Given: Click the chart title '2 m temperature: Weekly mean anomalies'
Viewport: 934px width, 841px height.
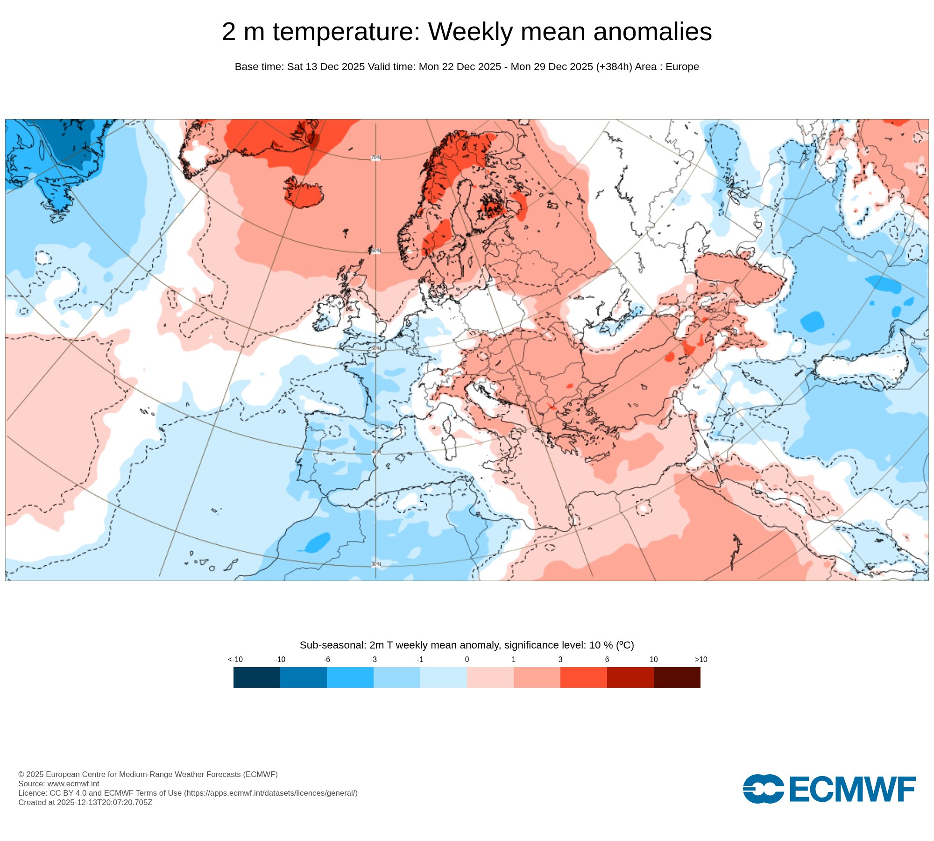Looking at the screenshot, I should (x=467, y=32).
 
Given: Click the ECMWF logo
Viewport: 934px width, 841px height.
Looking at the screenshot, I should (x=829, y=789).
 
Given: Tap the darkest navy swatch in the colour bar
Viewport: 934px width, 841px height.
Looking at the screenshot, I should (x=256, y=677).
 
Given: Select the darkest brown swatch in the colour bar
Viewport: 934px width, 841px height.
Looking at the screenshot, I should (x=677, y=677).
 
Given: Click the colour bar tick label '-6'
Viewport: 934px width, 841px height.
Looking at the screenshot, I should (x=327, y=659).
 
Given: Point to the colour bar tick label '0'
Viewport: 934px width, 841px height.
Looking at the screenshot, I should (x=467, y=659).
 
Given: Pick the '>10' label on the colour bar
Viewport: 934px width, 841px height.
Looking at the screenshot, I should (x=700, y=659).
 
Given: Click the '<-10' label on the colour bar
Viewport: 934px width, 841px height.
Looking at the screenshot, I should (x=235, y=659).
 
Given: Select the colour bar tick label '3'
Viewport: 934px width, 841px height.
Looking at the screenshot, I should (x=560, y=659).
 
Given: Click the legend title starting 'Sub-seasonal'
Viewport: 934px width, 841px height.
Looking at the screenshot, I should (x=467, y=645).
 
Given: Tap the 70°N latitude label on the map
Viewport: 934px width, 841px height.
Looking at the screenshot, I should (x=376, y=158).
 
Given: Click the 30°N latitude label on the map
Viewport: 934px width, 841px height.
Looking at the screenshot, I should (x=376, y=564).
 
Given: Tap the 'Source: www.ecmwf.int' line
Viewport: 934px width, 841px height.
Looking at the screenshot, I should (x=59, y=784).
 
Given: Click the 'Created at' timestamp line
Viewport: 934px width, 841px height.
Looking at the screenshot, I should (x=85, y=802).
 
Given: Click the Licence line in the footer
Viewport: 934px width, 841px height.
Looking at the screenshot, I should (x=188, y=793).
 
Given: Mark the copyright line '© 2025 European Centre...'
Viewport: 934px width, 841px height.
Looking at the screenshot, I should (x=148, y=774).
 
